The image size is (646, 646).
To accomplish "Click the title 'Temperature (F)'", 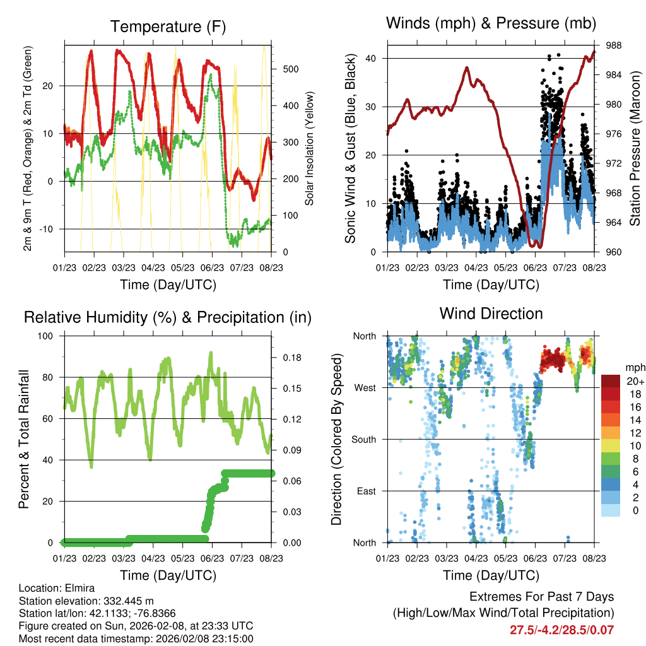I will point(168,26).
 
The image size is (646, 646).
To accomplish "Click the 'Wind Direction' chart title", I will point(491,314).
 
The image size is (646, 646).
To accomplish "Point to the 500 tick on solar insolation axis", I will point(282,69).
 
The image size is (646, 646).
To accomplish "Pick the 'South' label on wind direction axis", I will point(363,439).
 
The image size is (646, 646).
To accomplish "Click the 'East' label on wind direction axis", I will point(366,491).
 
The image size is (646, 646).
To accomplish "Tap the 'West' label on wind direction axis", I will point(365,387).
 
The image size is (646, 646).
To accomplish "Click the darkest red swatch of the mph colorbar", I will point(611,381).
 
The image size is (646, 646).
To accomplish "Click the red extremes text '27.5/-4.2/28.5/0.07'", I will point(561,630).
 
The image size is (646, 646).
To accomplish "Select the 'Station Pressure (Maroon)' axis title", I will point(635,148).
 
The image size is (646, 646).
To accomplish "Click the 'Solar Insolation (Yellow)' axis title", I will point(309,148).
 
